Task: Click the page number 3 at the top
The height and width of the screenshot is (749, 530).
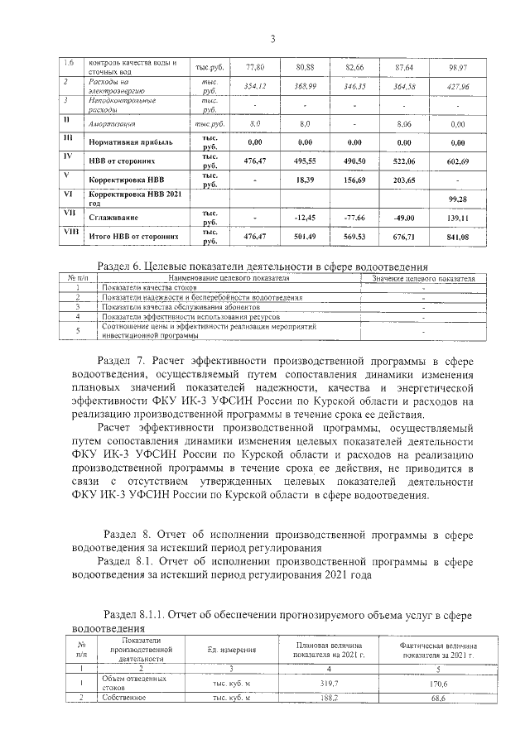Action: tap(271, 38)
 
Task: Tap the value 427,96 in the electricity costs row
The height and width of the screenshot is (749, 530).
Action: tap(457, 86)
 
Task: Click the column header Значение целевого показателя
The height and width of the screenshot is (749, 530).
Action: tap(423, 279)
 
